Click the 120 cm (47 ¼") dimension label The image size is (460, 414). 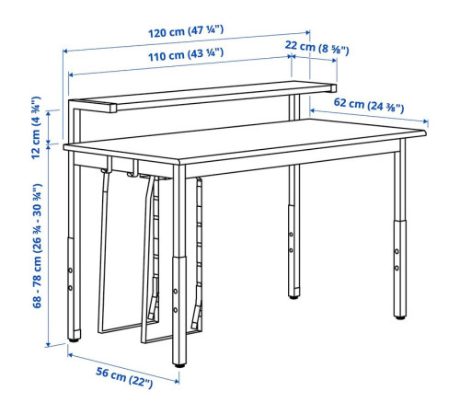coord(186,31)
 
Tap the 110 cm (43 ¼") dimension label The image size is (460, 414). coord(186,54)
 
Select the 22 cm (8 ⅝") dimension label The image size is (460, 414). coord(316,48)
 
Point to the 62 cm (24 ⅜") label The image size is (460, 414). coord(369,105)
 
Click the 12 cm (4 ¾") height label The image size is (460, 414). coord(36,128)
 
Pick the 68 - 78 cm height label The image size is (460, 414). coord(37,246)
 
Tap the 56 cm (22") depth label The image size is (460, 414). coord(124,377)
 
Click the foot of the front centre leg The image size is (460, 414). coord(179,365)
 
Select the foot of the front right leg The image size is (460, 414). coord(400,317)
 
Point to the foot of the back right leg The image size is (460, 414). coord(293,297)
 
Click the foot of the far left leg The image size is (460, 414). coord(74,339)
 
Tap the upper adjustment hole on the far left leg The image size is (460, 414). coord(70,270)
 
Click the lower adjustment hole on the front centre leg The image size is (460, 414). coord(176,310)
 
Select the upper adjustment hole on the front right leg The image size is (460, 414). coord(397,251)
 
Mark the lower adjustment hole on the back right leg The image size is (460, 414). coord(291,250)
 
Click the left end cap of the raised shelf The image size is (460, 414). coord(113,109)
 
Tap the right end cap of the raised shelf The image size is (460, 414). coord(334,88)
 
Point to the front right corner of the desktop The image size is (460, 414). coord(425,132)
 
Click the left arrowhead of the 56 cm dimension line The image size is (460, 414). coord(70,355)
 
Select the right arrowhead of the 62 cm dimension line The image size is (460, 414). coord(425,121)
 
